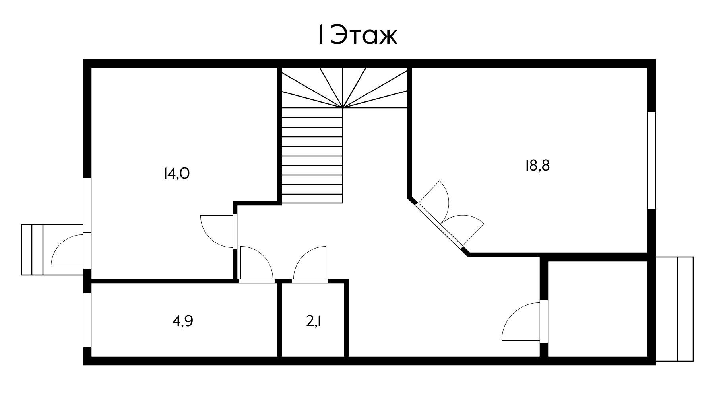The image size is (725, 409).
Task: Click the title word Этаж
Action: (364, 35)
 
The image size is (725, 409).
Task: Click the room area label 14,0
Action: (176, 174)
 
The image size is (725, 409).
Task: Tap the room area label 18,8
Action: (537, 166)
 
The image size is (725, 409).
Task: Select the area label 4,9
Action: (182, 321)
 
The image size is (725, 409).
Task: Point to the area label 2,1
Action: (314, 321)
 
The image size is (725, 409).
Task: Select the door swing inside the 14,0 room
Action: (217, 231)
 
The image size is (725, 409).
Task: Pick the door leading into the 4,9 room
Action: (256, 263)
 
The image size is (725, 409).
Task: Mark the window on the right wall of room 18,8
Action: (651, 160)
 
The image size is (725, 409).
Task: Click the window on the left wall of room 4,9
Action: (87, 320)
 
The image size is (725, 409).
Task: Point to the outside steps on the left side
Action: (32, 249)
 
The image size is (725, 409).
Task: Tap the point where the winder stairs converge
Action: (343, 107)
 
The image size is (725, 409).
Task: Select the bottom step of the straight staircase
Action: (312, 199)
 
